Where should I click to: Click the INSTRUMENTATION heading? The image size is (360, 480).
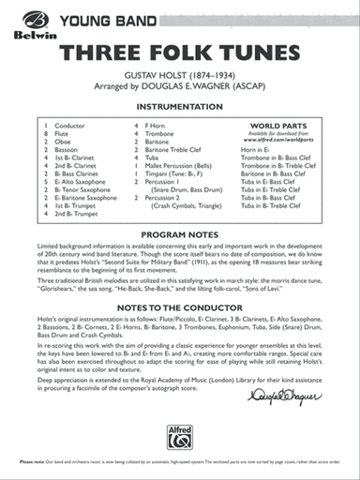click(179, 108)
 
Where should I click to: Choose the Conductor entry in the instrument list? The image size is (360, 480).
click(69, 125)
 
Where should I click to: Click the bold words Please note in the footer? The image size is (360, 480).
click(31, 465)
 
